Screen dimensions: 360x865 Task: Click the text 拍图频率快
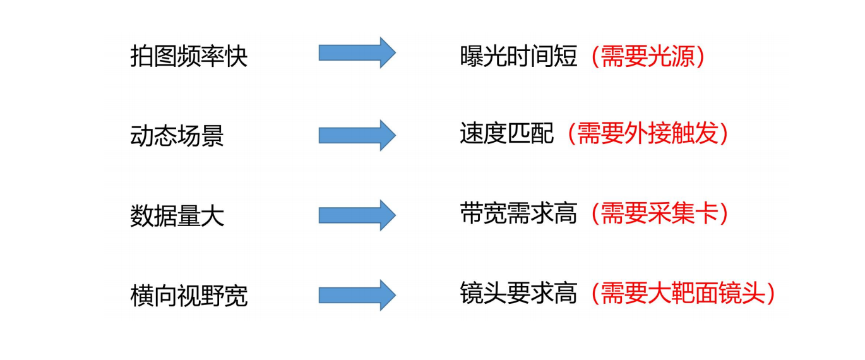click(x=189, y=57)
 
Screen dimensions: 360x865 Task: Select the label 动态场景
click(x=177, y=136)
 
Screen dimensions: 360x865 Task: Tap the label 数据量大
click(x=177, y=216)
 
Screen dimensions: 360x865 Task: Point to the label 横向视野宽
click(x=189, y=296)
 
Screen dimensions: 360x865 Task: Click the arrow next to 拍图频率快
click(x=357, y=52)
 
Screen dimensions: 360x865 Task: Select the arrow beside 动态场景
click(x=357, y=135)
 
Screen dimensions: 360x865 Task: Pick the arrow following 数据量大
click(x=357, y=215)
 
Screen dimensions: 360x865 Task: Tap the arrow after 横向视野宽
click(x=357, y=295)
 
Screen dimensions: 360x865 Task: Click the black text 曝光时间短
click(x=518, y=57)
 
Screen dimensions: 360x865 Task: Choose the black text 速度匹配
click(x=507, y=134)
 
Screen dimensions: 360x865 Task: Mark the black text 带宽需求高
click(x=518, y=214)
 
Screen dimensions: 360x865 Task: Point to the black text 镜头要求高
click(x=518, y=294)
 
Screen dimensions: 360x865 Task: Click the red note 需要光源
click(x=647, y=57)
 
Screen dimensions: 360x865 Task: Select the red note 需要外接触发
click(x=647, y=134)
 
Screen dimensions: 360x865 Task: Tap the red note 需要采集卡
click(x=659, y=214)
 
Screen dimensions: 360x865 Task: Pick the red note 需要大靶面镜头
click(x=683, y=294)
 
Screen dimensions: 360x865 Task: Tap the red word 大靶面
click(x=683, y=294)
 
